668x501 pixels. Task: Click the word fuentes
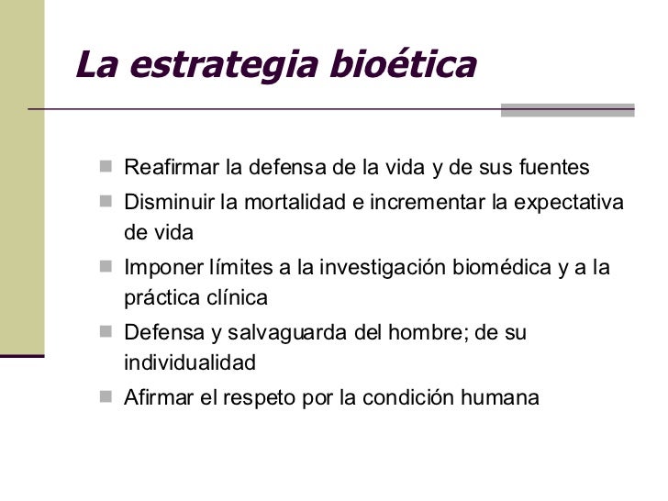[555, 169]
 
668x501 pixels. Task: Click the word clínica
[233, 298]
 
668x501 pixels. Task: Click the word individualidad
[189, 363]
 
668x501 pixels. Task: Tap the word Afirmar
[158, 398]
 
